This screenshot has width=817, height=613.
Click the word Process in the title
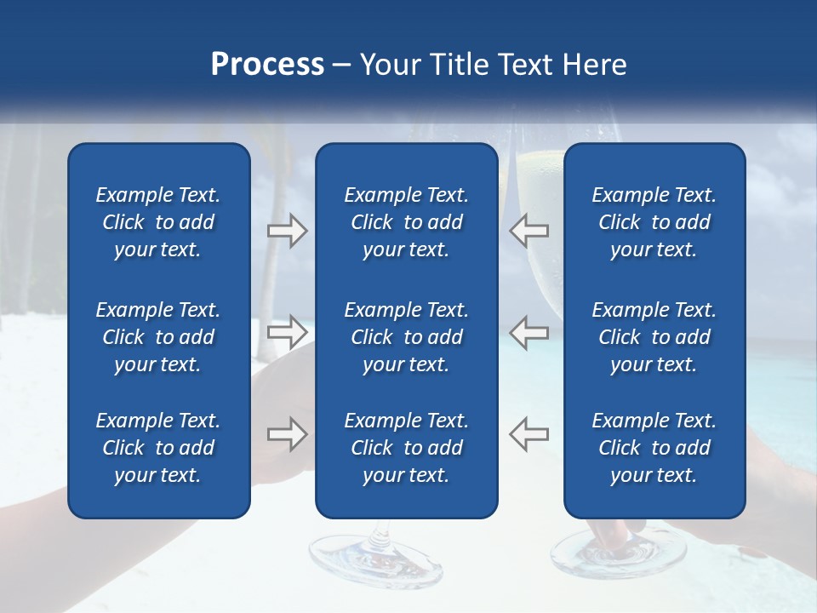tap(267, 65)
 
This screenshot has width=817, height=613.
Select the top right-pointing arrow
tap(287, 230)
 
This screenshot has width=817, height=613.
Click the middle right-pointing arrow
tap(287, 331)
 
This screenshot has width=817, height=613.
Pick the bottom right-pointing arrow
tap(287, 433)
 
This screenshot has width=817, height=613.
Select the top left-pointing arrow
tap(528, 230)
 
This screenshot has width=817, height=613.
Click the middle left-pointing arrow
tap(528, 331)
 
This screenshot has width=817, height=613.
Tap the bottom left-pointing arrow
tap(528, 433)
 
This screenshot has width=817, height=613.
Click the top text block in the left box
tap(158, 222)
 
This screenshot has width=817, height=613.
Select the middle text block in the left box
tap(158, 337)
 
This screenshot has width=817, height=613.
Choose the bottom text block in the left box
tap(158, 448)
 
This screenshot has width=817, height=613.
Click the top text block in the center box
tap(406, 222)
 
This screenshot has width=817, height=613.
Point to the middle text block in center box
tap(406, 337)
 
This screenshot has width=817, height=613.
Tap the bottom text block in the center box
tap(406, 448)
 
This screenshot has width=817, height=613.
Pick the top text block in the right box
tap(654, 222)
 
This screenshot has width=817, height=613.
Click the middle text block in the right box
tap(654, 337)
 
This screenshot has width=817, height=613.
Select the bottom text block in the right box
tap(654, 448)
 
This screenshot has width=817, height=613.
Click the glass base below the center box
tap(375, 558)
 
